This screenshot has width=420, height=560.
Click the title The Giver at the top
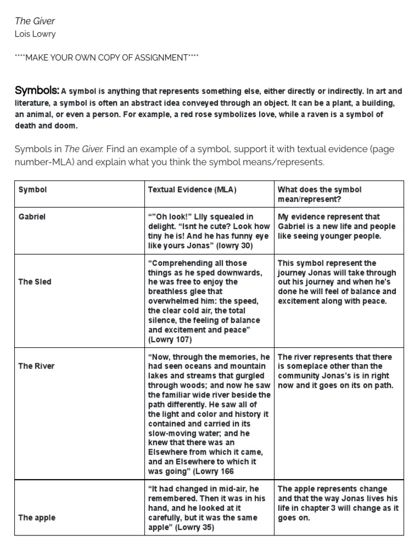(x=34, y=21)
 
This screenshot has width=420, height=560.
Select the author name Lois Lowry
(x=35, y=34)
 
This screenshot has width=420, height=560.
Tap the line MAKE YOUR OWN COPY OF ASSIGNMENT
(x=107, y=58)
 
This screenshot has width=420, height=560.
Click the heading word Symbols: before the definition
(x=37, y=91)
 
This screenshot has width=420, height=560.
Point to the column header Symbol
(x=33, y=190)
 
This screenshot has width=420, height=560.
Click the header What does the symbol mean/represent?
(x=319, y=194)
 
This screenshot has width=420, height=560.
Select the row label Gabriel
(x=32, y=217)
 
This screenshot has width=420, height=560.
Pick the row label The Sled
(x=35, y=282)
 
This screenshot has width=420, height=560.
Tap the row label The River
(x=37, y=366)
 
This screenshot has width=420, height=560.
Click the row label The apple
(x=37, y=517)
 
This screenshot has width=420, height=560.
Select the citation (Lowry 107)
(x=170, y=340)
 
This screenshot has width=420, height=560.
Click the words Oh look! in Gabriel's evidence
(x=173, y=217)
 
